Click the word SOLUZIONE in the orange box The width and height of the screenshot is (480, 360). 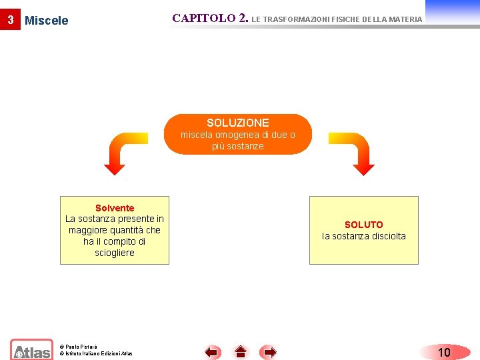click(x=238, y=123)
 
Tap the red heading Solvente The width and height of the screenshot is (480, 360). click(x=115, y=208)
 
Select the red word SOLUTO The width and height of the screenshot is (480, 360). click(x=363, y=225)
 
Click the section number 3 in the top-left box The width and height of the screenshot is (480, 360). click(x=10, y=20)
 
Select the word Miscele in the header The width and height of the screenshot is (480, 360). click(x=47, y=21)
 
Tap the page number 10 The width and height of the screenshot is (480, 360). click(x=444, y=352)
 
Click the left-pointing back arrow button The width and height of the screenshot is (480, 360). click(x=213, y=352)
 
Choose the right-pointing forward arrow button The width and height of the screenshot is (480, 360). click(x=268, y=352)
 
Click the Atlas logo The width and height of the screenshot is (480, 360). click(x=31, y=350)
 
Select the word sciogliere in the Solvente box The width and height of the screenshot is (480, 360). click(x=115, y=253)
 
